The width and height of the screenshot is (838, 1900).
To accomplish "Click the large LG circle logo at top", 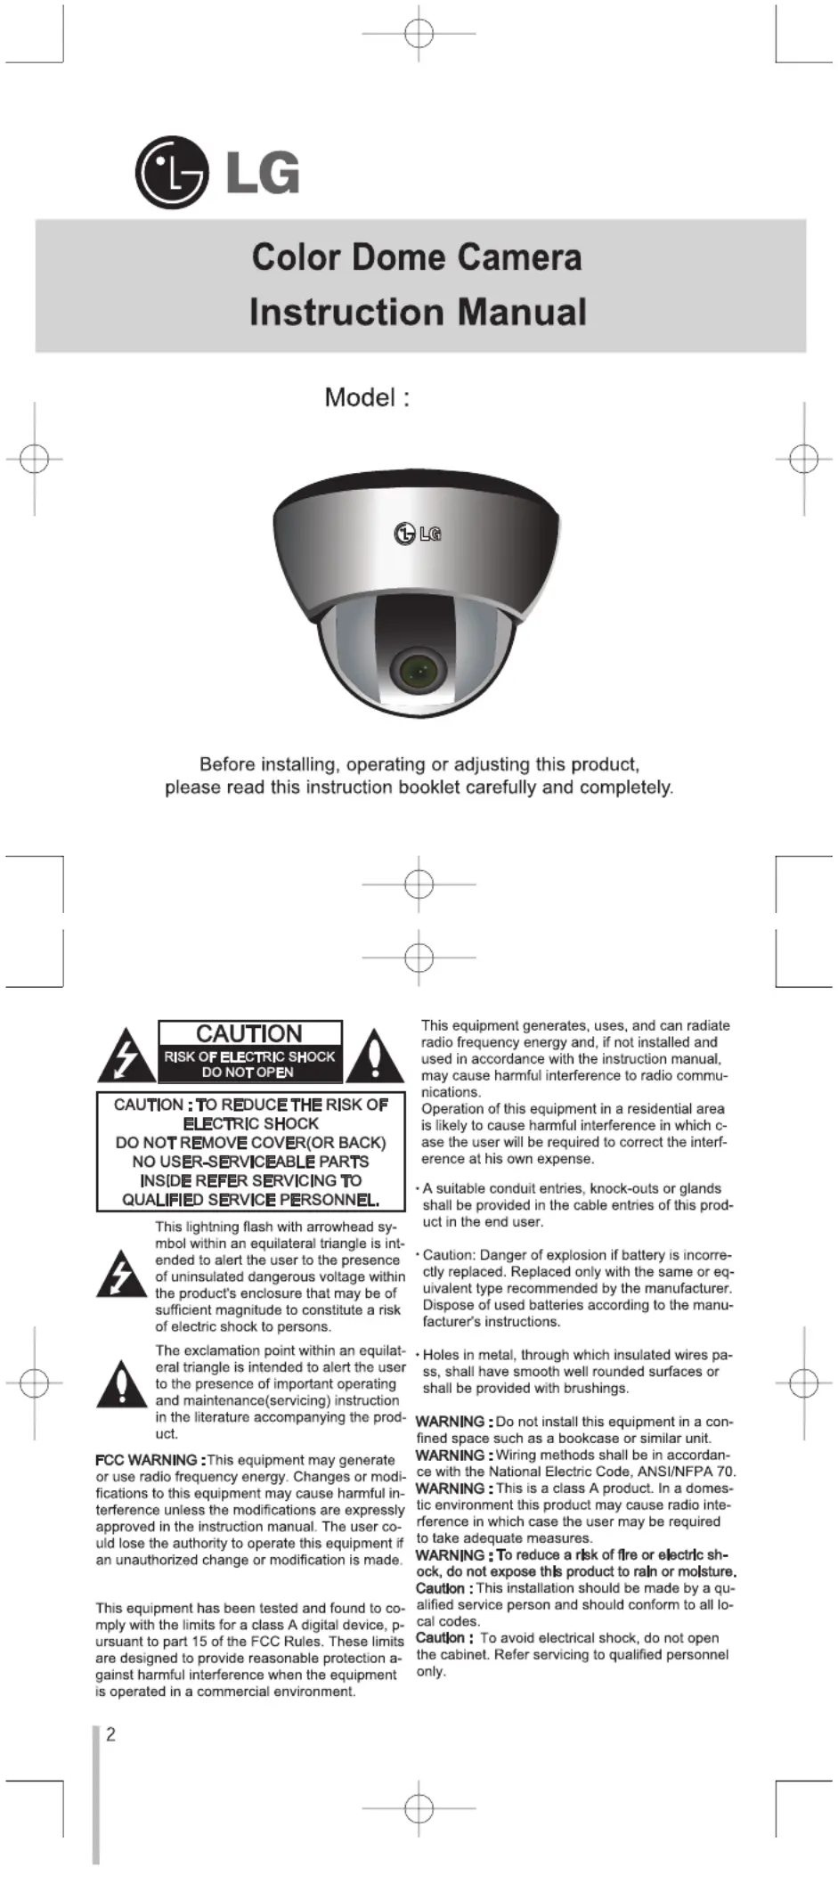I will pyautogui.click(x=171, y=173).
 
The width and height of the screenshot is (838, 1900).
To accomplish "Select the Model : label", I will pyautogui.click(x=366, y=397).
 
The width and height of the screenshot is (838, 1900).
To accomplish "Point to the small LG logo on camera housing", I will pyautogui.click(x=417, y=534).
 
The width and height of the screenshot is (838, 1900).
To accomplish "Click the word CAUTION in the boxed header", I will pyautogui.click(x=249, y=1033).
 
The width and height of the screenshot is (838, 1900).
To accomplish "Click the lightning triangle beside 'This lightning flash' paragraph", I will pyautogui.click(x=121, y=1275).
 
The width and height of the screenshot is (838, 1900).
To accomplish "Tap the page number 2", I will pyautogui.click(x=110, y=1734).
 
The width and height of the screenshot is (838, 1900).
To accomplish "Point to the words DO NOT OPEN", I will pyautogui.click(x=248, y=1072).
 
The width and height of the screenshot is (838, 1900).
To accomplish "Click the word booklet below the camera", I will pyautogui.click(x=431, y=787).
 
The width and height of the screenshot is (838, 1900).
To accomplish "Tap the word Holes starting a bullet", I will pyautogui.click(x=442, y=1355).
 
